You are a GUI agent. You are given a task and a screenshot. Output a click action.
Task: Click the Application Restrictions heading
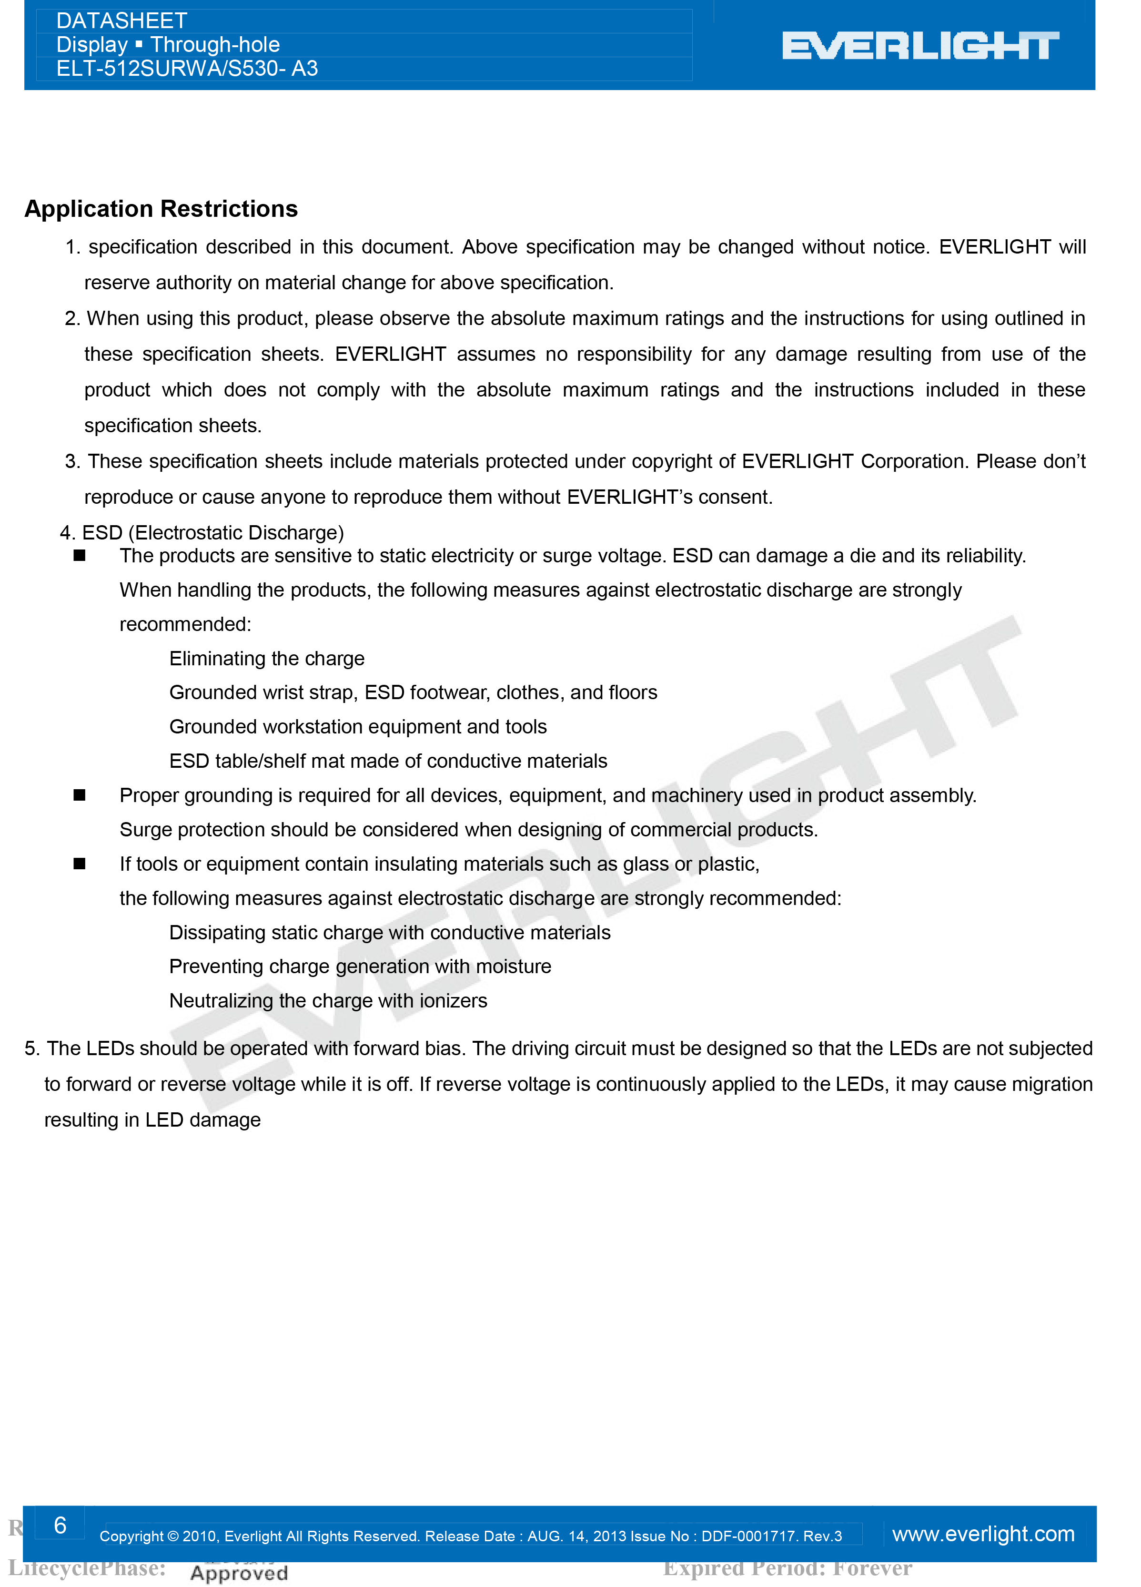pyautogui.click(x=161, y=209)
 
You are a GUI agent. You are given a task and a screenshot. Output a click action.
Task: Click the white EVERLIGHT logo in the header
pyautogui.click(x=920, y=46)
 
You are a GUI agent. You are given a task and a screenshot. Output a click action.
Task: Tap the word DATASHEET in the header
pyautogui.click(x=122, y=21)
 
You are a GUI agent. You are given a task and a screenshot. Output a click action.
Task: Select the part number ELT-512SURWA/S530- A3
pyautogui.click(x=187, y=69)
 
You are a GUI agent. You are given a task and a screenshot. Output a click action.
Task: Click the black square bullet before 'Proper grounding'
pyautogui.click(x=80, y=795)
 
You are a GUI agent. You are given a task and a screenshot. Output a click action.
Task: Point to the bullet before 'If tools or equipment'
pyautogui.click(x=80, y=864)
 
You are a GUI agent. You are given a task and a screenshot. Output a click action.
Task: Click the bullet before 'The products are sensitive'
pyautogui.click(x=80, y=556)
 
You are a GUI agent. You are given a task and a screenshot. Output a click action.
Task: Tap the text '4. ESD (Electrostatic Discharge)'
pyautogui.click(x=202, y=532)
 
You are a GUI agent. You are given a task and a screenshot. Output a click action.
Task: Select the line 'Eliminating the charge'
pyautogui.click(x=266, y=659)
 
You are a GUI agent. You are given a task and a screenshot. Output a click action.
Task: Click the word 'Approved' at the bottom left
pyautogui.click(x=239, y=1574)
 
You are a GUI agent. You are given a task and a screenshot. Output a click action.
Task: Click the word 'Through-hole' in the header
pyautogui.click(x=215, y=45)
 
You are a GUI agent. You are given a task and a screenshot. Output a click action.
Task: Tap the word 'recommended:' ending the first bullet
pyautogui.click(x=185, y=624)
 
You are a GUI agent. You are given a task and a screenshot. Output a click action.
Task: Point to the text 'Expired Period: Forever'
pyautogui.click(x=788, y=1568)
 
